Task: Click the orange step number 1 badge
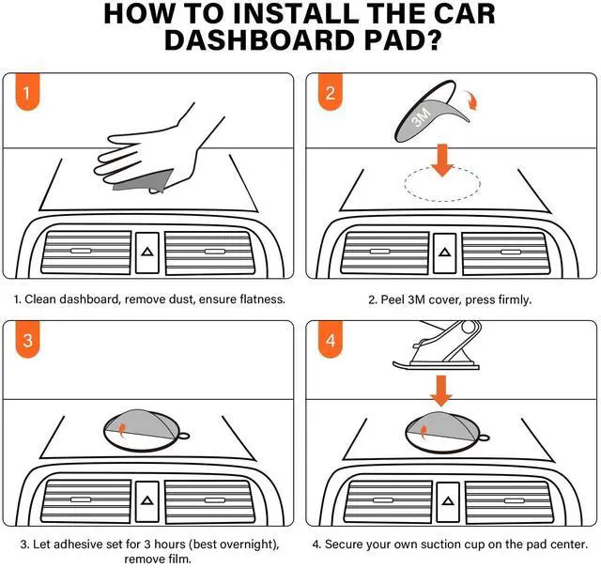coord(27,92)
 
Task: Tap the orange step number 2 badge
coord(331,92)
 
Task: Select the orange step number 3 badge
coord(27,339)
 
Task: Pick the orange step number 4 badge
coord(331,339)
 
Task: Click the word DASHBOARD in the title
coord(258,39)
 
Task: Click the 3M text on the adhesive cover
coord(421,116)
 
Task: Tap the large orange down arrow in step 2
coord(442,161)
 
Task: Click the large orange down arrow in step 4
coord(441,391)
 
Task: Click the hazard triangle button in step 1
coord(147,253)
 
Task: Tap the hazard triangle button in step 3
coord(147,501)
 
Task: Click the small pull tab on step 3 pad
coord(183,436)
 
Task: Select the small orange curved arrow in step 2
coord(471,101)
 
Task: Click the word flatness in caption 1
coord(263,299)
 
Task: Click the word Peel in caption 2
coord(393,299)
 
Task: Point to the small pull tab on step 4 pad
coord(484,438)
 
